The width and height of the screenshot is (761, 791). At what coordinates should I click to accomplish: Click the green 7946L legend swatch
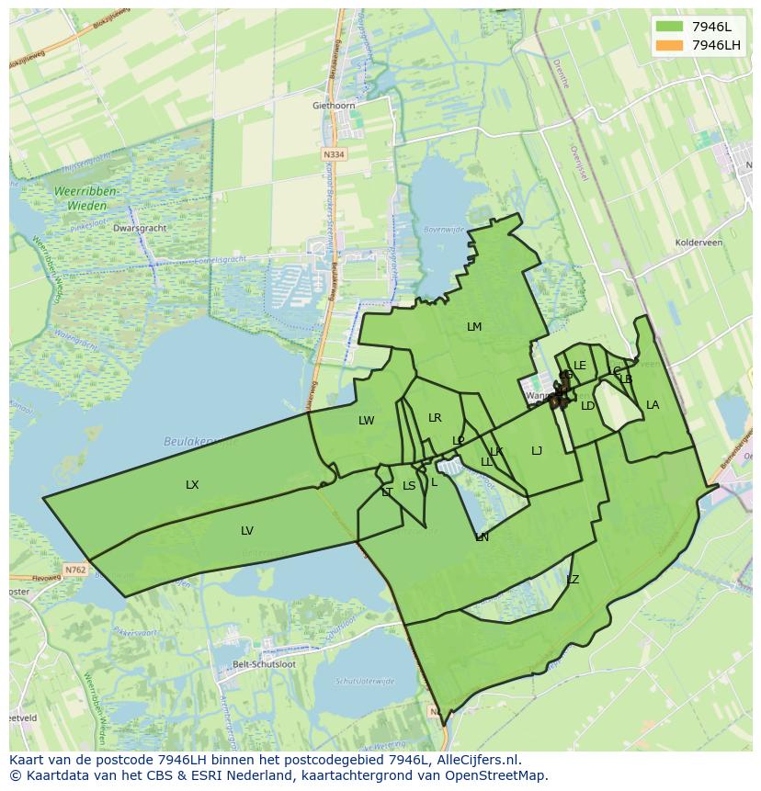coord(670,26)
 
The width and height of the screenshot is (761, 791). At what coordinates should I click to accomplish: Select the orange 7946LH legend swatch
coord(670,45)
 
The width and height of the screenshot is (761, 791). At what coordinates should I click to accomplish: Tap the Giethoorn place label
coord(333,106)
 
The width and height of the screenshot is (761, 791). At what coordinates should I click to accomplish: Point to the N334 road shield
coord(335,155)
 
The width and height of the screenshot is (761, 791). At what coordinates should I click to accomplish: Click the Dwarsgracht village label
coord(139,228)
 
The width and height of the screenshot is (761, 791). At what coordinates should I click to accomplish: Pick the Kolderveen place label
coord(699,243)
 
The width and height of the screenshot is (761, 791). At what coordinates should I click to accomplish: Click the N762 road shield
coord(75,570)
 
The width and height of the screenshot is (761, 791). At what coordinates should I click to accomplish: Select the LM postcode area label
coord(474,327)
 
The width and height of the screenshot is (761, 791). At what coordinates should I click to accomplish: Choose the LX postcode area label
coord(192,484)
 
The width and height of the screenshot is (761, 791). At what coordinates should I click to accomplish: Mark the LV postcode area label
coord(246,530)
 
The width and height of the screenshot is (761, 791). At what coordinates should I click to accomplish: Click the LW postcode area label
coord(366,421)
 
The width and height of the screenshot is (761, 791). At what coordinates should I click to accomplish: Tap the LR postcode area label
coord(435,418)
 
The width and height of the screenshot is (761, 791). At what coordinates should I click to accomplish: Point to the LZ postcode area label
coord(573,580)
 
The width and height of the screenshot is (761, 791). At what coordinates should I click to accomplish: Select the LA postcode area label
coord(653,405)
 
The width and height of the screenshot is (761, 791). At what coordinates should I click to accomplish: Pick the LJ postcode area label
coord(537,450)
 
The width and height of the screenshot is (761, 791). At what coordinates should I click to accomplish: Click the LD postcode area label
coord(588,405)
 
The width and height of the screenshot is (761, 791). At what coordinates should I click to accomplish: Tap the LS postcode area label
coord(409,486)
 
